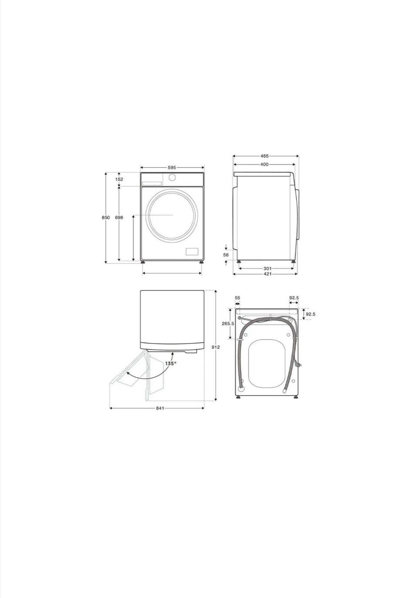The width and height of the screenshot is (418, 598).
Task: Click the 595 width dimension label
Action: click(172, 168)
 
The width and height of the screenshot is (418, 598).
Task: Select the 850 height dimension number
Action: click(105, 218)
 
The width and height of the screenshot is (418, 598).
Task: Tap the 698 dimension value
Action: click(119, 218)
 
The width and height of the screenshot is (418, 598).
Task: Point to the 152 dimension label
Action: click(119, 179)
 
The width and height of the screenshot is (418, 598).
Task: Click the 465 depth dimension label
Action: click(264, 156)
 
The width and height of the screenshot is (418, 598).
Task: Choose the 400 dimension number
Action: click(264, 165)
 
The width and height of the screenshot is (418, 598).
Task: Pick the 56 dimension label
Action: click(226, 255)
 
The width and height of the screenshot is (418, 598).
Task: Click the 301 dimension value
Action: click(267, 268)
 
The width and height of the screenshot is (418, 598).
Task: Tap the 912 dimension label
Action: click(216, 347)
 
